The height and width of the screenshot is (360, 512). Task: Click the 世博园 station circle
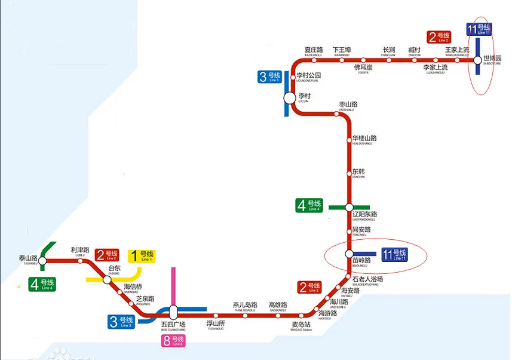(478, 60)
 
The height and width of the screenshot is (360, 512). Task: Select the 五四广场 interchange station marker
(173, 312)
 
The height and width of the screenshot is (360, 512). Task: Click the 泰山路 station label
(28, 259)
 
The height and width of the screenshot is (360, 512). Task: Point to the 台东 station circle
(107, 279)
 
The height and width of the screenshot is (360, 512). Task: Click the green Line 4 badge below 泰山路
(43, 283)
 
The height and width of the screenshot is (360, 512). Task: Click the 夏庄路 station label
(314, 50)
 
